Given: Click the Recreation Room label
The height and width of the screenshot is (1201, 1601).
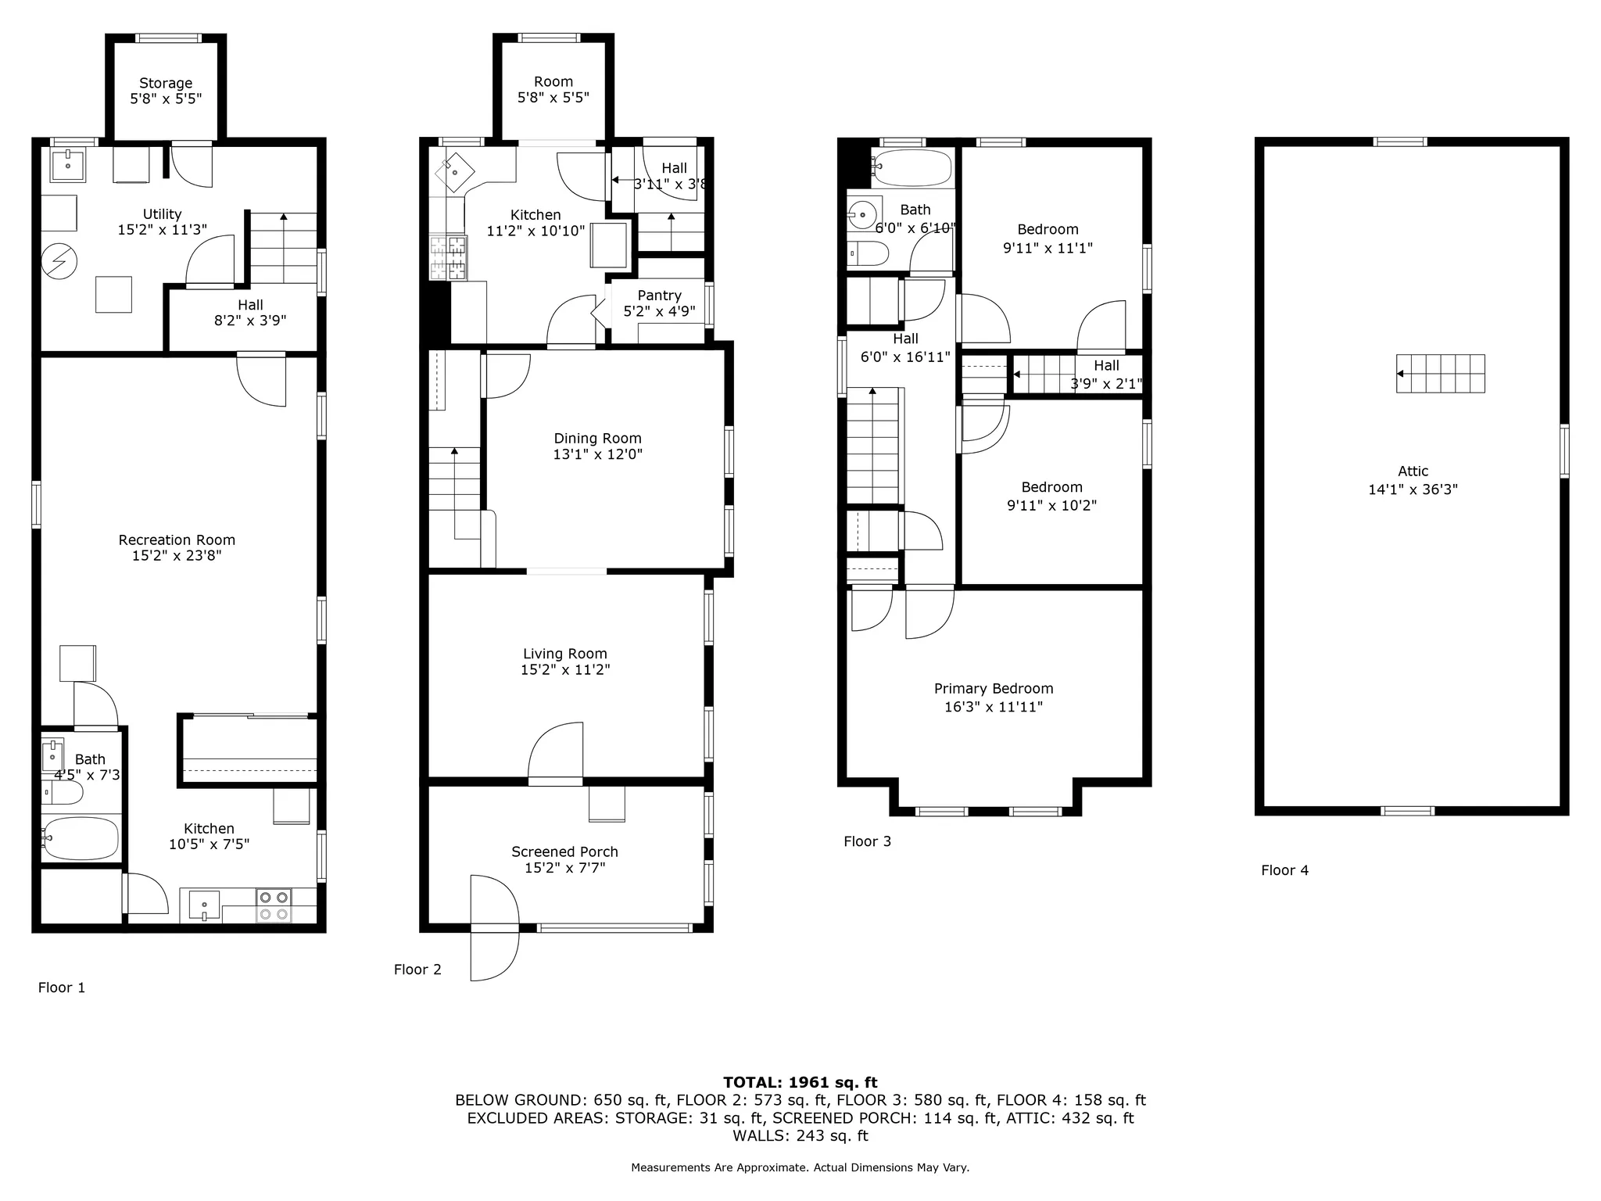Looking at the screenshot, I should tap(177, 540).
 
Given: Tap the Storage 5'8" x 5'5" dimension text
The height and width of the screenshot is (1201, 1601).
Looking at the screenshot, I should tap(166, 99).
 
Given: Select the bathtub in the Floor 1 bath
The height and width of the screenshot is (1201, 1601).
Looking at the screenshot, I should tap(81, 838).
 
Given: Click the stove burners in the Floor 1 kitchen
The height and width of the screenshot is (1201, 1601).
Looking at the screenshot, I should tap(274, 905).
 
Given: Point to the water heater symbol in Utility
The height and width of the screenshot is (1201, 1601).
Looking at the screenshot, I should tap(59, 261).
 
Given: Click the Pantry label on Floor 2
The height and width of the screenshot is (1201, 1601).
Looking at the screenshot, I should tap(659, 296).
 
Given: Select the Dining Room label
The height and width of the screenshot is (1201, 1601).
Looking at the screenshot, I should tap(597, 439).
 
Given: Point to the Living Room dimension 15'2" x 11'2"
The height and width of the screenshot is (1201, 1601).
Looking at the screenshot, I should tap(565, 670).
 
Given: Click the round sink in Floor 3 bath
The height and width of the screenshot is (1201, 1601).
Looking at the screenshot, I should tap(864, 213).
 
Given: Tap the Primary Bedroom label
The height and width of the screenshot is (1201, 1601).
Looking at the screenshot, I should tap(994, 689).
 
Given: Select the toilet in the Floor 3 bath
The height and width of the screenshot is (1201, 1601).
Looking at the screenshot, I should tap(869, 253).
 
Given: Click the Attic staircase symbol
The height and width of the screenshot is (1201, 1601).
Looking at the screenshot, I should tap(1440, 374).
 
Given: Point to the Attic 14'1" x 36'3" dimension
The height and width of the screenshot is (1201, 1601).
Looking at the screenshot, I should tap(1413, 490).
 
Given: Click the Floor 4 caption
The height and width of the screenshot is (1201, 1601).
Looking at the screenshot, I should tap(1284, 870).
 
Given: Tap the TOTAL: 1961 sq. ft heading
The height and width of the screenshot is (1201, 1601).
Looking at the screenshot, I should tap(800, 1082).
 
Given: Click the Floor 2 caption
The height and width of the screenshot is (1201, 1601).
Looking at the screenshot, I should tap(417, 970).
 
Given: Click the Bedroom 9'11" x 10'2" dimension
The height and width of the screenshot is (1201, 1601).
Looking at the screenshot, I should tap(1051, 506).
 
